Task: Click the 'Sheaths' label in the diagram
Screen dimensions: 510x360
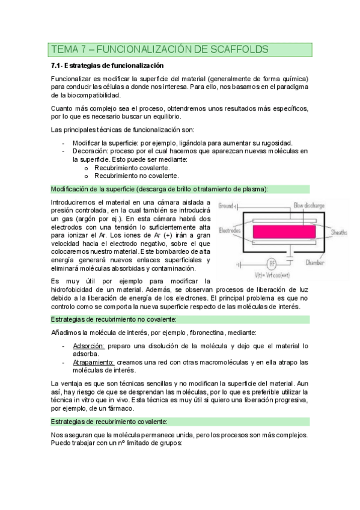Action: click(341, 232)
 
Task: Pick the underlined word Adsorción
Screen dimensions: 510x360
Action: click(89, 346)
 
